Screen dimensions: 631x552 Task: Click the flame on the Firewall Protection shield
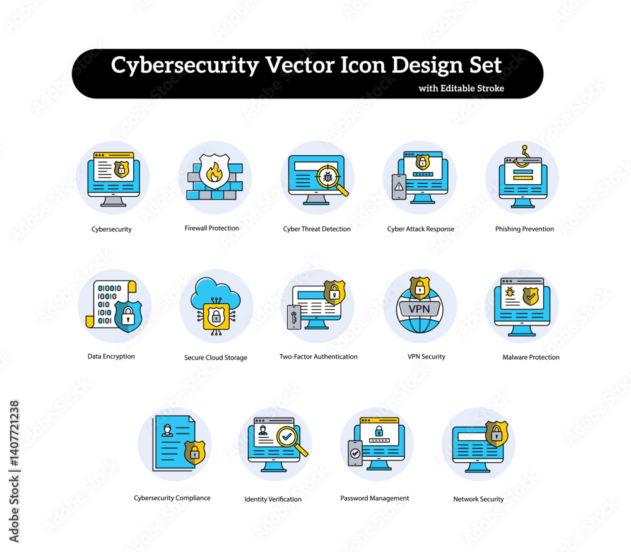[214, 172]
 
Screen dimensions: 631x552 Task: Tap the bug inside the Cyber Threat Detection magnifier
[328, 176]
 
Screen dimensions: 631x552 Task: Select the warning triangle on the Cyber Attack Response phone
[399, 186]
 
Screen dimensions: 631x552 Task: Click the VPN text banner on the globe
[420, 309]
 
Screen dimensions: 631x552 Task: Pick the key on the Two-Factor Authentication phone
[294, 317]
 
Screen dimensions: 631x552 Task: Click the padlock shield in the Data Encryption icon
[128, 316]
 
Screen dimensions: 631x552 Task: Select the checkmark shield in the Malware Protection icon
[531, 296]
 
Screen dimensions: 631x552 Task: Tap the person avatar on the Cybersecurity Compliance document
[167, 430]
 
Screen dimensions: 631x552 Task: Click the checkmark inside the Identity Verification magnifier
[287, 436]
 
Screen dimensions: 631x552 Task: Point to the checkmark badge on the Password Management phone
[355, 454]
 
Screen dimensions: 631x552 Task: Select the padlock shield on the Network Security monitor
[497, 434]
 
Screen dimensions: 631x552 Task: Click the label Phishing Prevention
[524, 229]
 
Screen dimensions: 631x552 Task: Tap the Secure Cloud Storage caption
[216, 357]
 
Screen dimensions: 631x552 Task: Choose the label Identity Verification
[273, 499]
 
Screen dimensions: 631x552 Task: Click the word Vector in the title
[299, 65]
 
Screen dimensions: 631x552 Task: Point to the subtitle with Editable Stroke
[461, 88]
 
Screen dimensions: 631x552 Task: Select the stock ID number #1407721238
[15, 434]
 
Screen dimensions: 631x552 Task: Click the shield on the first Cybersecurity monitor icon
[122, 169]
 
